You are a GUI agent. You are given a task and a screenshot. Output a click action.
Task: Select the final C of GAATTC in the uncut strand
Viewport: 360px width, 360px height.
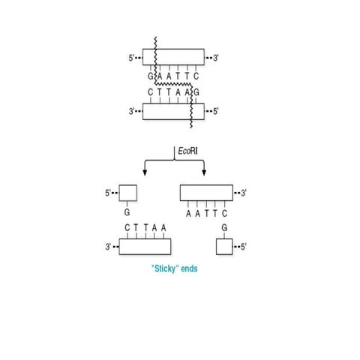tap(196, 76)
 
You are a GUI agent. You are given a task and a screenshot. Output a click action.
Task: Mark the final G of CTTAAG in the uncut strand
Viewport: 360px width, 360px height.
tap(196, 92)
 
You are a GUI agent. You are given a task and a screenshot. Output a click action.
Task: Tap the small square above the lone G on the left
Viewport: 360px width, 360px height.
tap(127, 193)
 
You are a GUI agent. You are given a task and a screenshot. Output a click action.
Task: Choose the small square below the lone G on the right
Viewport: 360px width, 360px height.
tap(223, 246)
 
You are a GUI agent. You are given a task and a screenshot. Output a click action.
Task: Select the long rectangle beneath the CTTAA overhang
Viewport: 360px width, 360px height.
tap(145, 246)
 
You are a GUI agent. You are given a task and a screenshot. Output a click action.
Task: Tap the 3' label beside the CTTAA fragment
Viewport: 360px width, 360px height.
tap(109, 246)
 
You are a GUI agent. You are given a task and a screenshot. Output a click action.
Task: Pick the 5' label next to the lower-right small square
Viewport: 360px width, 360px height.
tap(241, 246)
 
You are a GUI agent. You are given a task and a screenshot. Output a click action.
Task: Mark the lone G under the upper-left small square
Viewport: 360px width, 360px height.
tap(127, 213)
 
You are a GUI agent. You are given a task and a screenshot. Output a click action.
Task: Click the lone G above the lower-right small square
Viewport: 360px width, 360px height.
tap(223, 227)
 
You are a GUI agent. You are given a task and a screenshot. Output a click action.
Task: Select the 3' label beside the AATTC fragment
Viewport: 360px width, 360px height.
tap(243, 193)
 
